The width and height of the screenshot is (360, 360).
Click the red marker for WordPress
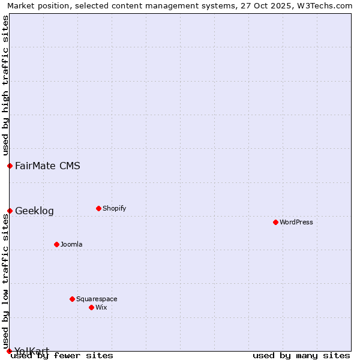pyautogui.click(x=275, y=222)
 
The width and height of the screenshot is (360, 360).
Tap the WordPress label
pyautogui.click(x=296, y=223)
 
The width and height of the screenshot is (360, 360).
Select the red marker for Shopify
pyautogui.click(x=98, y=208)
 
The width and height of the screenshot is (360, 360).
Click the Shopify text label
pyautogui.click(x=115, y=209)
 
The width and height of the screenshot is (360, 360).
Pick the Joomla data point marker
pyautogui.click(x=56, y=244)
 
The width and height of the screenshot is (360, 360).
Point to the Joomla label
pyautogui.click(x=71, y=245)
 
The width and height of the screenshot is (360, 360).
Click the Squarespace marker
pyautogui.click(x=72, y=299)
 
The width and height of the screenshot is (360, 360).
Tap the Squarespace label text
pyautogui.click(x=97, y=299)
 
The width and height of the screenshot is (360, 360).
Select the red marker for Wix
pyautogui.click(x=91, y=307)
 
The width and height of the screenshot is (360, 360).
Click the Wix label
pyautogui.click(x=101, y=308)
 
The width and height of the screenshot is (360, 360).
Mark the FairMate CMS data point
pyautogui.click(x=10, y=166)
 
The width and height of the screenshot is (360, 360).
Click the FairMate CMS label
pyautogui.click(x=47, y=166)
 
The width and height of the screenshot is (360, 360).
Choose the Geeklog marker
pyautogui.click(x=10, y=211)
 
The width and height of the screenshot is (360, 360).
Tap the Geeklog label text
pyautogui.click(x=34, y=211)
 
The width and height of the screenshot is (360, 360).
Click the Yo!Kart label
pyautogui.click(x=32, y=350)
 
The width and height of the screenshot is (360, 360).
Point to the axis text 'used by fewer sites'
pyautogui.click(x=62, y=356)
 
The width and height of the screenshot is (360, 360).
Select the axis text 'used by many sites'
pyautogui.click(x=301, y=356)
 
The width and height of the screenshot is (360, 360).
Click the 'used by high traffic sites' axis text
pyautogui.click(x=5, y=85)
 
